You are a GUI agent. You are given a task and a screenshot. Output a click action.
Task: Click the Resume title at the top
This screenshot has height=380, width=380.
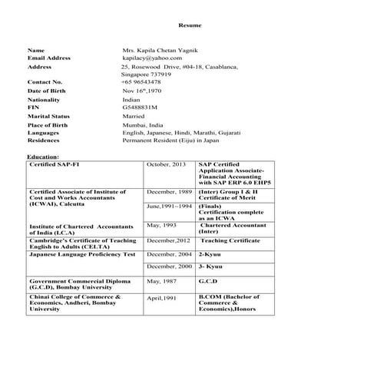click(x=190, y=25)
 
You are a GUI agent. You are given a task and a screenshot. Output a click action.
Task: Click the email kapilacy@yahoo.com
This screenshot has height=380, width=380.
click(x=152, y=58)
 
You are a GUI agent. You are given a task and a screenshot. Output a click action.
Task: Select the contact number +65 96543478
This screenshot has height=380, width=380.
click(x=141, y=81)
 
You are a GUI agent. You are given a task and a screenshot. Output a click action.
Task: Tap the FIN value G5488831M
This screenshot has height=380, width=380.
click(x=140, y=107)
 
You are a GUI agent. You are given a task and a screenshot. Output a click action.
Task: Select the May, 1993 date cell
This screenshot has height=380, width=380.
click(x=162, y=226)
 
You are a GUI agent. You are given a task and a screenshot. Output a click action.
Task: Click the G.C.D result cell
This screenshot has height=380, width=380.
click(x=210, y=281)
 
